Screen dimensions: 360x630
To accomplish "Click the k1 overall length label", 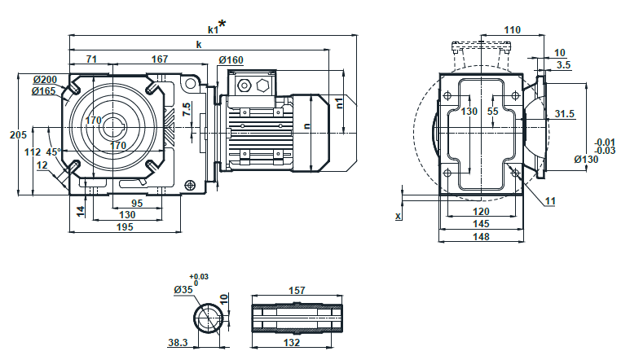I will [x=214, y=29].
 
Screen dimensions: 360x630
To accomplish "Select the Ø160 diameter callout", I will [x=231, y=59].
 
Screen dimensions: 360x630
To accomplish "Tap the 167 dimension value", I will [x=160, y=59].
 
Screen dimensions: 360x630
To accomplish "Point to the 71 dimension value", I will [x=91, y=59].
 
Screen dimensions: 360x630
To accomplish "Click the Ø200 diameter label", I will [x=45, y=79].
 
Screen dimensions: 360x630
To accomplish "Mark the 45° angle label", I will [x=53, y=151].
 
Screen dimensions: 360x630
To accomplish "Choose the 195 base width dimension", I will [x=124, y=226].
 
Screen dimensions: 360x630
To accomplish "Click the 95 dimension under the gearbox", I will [x=137, y=204].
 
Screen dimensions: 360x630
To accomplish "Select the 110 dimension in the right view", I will [x=512, y=30].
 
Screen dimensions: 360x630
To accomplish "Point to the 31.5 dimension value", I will [x=565, y=114].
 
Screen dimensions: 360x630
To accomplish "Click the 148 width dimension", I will [x=481, y=237].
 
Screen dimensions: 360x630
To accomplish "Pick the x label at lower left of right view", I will [x=398, y=216].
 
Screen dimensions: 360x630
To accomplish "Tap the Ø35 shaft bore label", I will [x=183, y=289].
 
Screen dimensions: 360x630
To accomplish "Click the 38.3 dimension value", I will [x=179, y=344].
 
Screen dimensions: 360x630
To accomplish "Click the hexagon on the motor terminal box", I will [x=262, y=85].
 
